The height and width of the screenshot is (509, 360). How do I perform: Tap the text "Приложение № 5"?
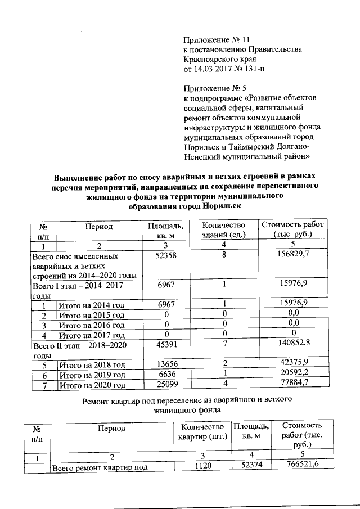(x=214, y=88)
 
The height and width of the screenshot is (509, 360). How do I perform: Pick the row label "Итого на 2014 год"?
(x=91, y=305)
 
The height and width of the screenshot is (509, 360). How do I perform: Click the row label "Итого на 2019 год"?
(x=91, y=375)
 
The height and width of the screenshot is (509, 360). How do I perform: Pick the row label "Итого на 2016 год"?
(x=91, y=325)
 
